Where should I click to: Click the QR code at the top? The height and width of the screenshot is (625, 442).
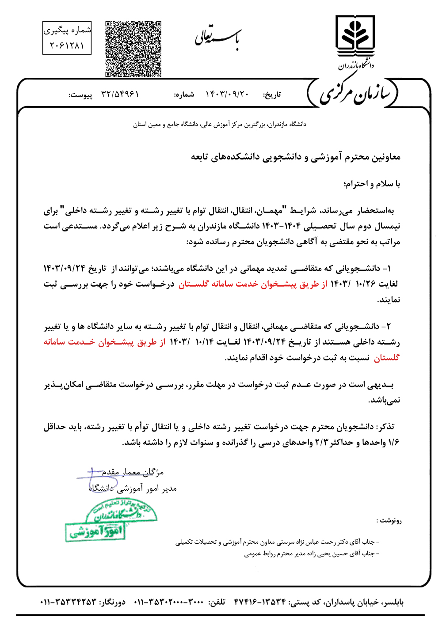133,49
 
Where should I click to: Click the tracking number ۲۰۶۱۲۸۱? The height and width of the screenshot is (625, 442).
67,45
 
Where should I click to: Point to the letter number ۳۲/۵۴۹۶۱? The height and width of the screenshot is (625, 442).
120,95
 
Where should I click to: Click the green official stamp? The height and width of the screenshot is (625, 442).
111,519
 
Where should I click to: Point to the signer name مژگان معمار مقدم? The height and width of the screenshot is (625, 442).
133,472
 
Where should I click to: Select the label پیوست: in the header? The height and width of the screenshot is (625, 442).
80,95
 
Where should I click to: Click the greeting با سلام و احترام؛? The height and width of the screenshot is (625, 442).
372,184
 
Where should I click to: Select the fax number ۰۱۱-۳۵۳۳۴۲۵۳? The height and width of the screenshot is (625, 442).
69,602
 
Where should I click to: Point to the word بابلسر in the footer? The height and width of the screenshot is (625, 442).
392,602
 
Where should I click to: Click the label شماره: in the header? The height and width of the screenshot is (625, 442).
184,95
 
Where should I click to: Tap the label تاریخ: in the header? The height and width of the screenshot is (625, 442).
272,95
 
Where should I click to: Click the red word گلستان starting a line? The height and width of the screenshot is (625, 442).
387,357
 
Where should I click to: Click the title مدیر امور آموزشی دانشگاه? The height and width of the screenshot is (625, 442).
133,488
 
